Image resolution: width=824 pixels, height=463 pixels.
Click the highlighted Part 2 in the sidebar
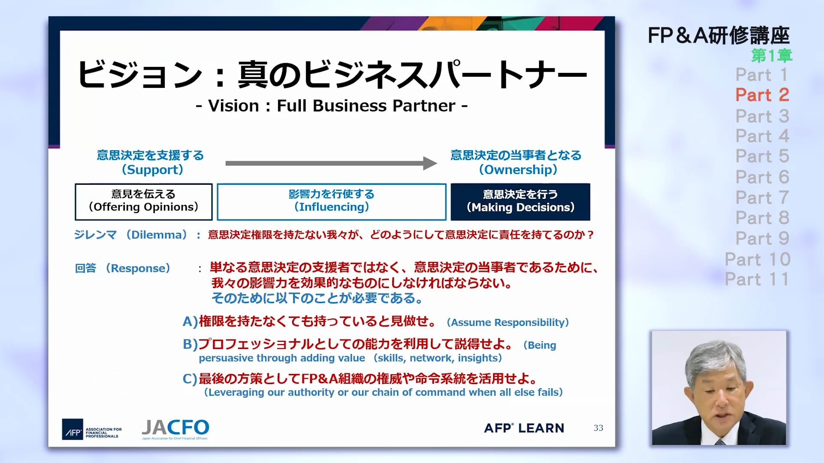[762, 95]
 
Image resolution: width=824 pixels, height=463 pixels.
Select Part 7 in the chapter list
[762, 198]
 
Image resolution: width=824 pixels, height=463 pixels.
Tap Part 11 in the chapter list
[757, 280]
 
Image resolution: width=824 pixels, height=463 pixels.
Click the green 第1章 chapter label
[772, 56]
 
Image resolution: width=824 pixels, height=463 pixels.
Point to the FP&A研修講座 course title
[718, 36]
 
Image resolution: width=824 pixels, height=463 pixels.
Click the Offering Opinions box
[144, 201]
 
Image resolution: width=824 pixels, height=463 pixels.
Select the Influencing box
[331, 201]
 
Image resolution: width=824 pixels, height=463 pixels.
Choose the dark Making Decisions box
[520, 201]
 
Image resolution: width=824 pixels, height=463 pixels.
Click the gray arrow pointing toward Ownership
[330, 163]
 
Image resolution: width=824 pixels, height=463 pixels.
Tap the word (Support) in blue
[152, 170]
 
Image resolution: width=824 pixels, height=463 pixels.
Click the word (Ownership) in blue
[518, 170]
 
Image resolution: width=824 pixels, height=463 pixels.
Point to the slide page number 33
[598, 428]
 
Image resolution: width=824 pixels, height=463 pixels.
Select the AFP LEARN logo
[524, 428]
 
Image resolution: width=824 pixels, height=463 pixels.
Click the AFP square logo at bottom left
[73, 429]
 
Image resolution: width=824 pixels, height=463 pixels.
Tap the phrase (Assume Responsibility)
[508, 322]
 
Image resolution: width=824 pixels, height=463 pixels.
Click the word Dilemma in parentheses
[158, 235]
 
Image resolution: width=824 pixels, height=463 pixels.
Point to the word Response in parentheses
[138, 268]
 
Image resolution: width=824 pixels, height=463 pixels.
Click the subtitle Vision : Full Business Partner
[331, 106]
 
